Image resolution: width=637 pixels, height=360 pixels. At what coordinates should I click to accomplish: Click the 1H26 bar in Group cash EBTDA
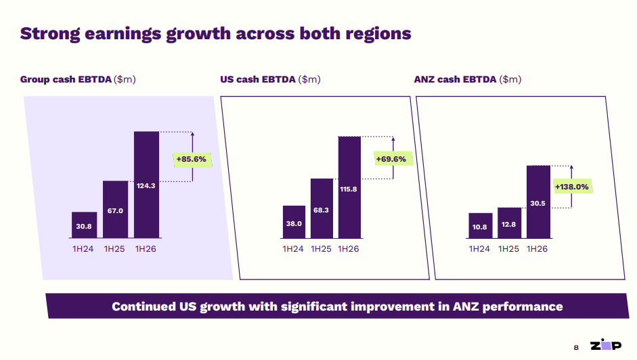146,185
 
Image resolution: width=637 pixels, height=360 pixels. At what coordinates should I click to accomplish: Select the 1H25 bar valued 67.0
115,210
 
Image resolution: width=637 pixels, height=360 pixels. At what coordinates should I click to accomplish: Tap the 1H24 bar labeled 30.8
84,225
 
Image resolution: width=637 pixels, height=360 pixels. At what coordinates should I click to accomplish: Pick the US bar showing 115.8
349,187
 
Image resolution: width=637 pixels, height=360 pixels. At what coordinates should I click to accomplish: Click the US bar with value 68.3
322,208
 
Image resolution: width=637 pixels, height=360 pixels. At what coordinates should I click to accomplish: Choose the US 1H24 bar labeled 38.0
293,222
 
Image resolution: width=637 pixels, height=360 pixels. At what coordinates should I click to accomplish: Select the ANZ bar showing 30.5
537,202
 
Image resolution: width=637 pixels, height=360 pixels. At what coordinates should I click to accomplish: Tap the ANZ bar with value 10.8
479,226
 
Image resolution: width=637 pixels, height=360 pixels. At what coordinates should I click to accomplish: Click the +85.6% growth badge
192,160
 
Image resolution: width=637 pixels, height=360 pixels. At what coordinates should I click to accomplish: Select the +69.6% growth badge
391,159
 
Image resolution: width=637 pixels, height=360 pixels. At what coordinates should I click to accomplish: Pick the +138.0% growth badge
571,186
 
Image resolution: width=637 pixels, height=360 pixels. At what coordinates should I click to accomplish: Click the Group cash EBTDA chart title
78,79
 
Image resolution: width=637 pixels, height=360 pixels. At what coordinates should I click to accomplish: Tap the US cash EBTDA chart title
270,79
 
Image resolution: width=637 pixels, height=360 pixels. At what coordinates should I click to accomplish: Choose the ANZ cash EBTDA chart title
467,79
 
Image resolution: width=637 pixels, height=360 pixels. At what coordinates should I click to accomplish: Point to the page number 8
576,347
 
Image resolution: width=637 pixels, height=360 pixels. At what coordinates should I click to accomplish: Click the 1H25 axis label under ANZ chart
508,249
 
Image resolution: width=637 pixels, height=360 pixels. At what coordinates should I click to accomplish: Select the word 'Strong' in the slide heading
49,33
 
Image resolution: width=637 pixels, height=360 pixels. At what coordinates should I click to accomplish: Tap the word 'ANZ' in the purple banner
464,307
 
